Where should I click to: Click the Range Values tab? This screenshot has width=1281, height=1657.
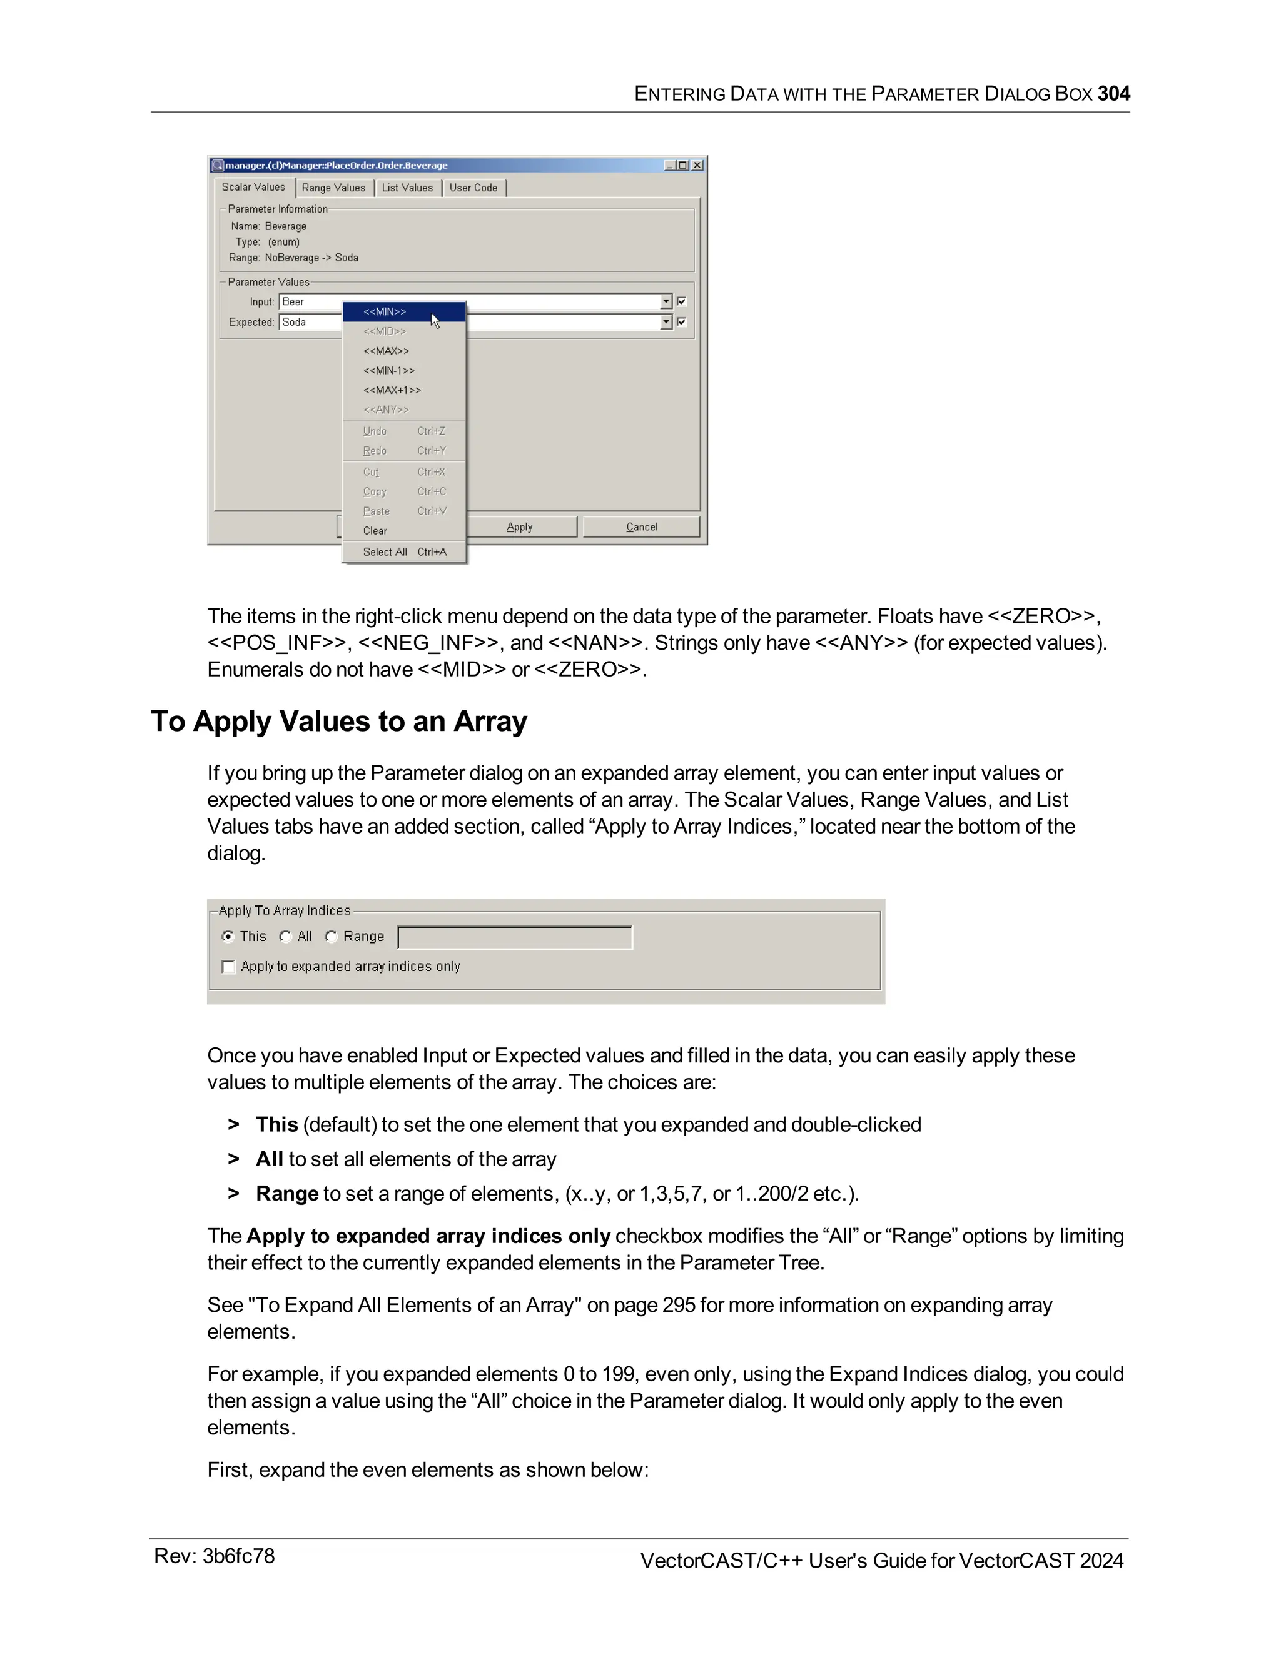[x=333, y=188]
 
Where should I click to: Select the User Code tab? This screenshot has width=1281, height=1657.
[x=473, y=188]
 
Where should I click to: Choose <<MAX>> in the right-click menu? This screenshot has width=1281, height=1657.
[x=387, y=351]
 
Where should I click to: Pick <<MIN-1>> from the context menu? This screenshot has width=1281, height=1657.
[x=388, y=371]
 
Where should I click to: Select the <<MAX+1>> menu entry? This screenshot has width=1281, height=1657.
[x=392, y=391]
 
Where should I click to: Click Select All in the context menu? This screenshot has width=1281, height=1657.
[x=385, y=552]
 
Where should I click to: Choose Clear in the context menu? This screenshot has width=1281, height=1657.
[x=375, y=531]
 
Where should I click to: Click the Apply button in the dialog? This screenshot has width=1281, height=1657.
[x=520, y=527]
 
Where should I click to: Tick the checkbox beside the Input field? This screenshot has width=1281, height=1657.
[x=682, y=302]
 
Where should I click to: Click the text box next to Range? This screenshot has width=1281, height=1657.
[x=515, y=938]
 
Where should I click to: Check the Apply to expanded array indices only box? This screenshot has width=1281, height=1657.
[x=228, y=967]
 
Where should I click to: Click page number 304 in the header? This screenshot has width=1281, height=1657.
[x=1113, y=94]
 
